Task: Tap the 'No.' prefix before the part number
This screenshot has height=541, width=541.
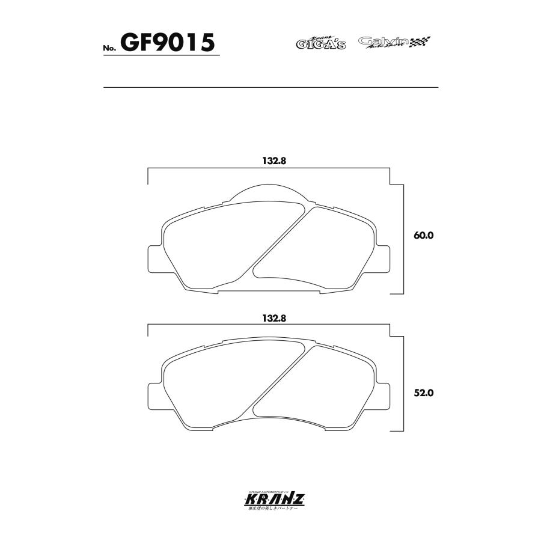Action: [x=109, y=48]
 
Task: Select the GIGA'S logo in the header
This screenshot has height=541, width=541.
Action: [x=320, y=43]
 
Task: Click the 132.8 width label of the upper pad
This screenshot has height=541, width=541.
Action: [x=272, y=161]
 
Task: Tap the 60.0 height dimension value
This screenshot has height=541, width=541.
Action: [x=423, y=236]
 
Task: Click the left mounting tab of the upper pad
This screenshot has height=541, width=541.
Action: [x=155, y=257]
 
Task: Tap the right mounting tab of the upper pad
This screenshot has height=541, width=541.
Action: [x=384, y=257]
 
